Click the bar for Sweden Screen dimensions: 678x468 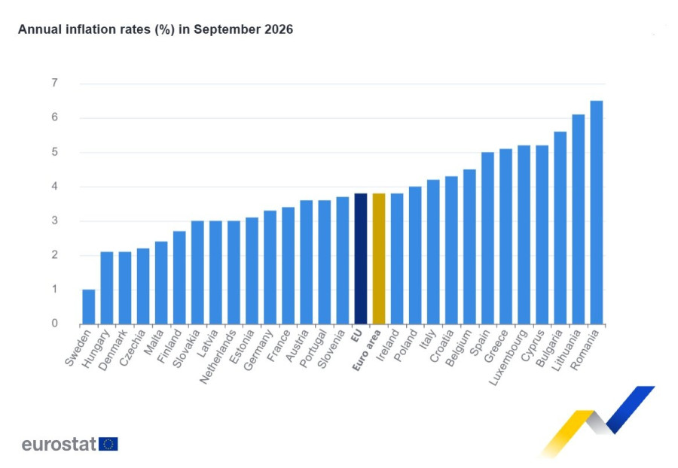[89, 306]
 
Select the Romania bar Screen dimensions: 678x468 [597, 212]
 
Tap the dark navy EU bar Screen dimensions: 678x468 [361, 259]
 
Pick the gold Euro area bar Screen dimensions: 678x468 [379, 259]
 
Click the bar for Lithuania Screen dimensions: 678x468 [578, 219]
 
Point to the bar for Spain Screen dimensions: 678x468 [487, 238]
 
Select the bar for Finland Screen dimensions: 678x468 [179, 278]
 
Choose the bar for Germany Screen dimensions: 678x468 [270, 267]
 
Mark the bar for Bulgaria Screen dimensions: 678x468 [560, 228]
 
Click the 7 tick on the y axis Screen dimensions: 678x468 [54, 83]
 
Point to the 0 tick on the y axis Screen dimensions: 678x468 [54, 323]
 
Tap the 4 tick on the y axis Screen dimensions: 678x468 [54, 186]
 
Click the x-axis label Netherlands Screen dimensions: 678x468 [218, 357]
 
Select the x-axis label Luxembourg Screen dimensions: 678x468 [508, 357]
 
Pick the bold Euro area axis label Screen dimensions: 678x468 [367, 350]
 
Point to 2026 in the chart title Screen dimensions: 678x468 [279, 29]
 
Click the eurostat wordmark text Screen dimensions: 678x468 [59, 444]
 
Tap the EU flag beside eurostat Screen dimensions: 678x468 [108, 444]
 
